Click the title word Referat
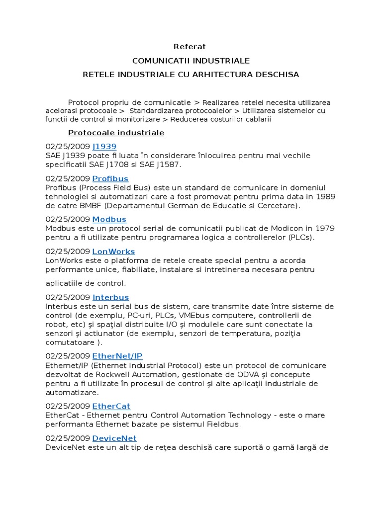190,47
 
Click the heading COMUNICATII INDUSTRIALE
191,61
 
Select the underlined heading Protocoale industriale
116,133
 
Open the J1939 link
104,147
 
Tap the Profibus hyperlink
110,178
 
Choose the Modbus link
109,219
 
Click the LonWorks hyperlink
113,252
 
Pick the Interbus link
110,297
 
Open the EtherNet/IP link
117,356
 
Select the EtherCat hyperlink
111,406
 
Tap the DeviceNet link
114,438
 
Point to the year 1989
325,197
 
